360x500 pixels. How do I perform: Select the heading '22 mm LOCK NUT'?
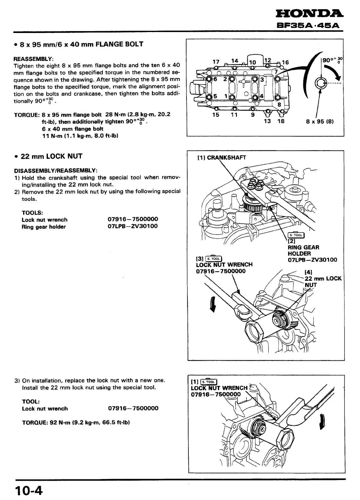(x=51, y=156)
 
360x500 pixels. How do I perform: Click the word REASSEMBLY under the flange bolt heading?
(x=33, y=59)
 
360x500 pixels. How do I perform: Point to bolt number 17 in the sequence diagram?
(x=216, y=61)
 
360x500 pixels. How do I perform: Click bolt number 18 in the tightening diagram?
(x=281, y=121)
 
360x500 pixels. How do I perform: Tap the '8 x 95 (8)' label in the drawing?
(x=320, y=121)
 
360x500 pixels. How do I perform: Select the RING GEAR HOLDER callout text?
(x=304, y=250)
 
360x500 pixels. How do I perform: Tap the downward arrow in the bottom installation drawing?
(x=323, y=422)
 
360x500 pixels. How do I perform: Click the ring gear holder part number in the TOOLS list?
(x=133, y=226)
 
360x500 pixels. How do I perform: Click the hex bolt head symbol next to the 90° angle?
(x=319, y=83)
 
